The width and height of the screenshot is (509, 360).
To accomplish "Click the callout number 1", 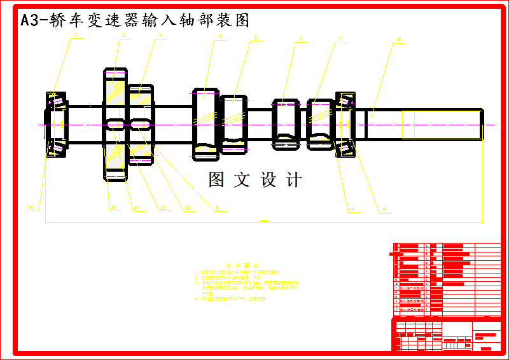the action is point(76,36).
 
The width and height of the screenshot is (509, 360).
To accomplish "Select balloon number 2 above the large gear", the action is point(123,36).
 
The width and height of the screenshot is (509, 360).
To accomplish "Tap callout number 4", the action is point(220,36).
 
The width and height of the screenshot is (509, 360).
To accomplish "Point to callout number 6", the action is point(300,38).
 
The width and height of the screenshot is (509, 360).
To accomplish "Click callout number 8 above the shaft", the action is point(398,39).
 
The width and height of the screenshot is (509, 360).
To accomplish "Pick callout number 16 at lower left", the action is point(31,207).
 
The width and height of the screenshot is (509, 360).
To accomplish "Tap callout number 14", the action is point(136,207).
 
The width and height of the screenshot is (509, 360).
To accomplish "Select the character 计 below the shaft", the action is point(294,180).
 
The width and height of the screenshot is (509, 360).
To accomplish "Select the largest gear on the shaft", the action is point(115,125).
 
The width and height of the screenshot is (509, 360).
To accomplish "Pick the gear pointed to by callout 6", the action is point(286,123).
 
